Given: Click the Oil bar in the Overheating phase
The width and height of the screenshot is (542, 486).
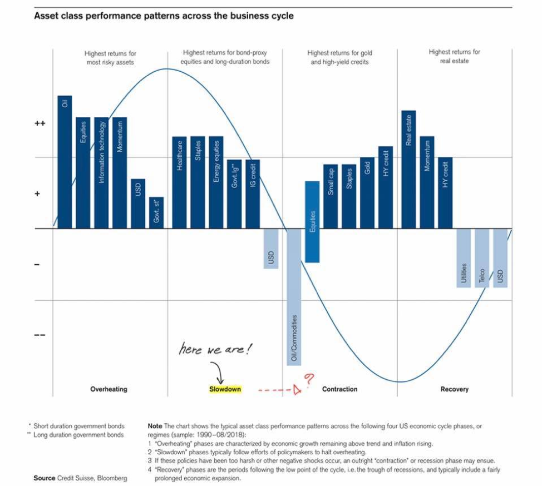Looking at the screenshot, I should pos(65,162).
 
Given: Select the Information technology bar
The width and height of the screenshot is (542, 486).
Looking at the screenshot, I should pos(101,172).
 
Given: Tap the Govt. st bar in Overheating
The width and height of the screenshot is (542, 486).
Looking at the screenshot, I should pos(156,212).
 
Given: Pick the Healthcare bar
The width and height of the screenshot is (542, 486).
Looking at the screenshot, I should pos(180,182).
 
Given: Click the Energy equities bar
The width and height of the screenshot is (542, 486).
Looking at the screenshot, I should pos(216,182).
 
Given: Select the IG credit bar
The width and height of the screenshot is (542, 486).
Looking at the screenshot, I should pos(252,194).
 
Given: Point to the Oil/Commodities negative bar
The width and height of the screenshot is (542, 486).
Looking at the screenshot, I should pos(294,297).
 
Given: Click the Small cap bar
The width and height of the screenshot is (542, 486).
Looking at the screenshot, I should pos(330,196).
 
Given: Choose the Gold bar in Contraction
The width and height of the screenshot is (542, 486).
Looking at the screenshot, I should pos(367,192).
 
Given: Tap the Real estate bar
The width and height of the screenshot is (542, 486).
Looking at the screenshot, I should pos(408,170).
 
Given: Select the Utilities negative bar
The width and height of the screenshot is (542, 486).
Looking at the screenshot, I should pos(464,257).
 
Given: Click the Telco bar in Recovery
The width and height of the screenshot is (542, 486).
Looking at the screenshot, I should pos(482,257).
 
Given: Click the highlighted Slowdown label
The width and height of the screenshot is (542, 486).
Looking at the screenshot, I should pos(225,389).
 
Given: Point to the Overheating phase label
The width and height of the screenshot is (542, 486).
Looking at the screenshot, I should pos(109,389).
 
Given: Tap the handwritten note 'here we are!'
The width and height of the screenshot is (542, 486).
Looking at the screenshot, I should pos(215,350).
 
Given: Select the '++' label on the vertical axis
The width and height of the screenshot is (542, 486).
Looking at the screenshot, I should pos(40,123).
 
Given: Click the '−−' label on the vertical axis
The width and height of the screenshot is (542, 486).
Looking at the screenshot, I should pos(40,335).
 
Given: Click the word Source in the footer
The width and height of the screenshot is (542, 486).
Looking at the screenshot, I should pos(45,478).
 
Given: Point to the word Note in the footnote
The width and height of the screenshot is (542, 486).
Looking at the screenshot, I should pos(155,426).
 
